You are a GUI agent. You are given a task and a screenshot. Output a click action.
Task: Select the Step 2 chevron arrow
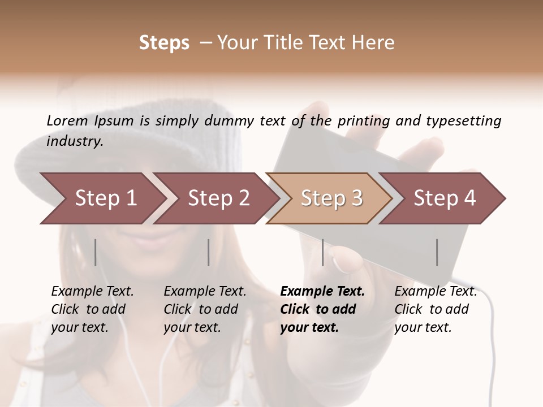click(218, 198)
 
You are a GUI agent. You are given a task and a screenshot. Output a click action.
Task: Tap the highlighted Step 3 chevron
click(331, 198)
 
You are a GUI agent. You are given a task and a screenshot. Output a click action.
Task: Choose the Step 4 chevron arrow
click(444, 198)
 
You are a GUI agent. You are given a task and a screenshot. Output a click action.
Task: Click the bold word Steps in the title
click(164, 43)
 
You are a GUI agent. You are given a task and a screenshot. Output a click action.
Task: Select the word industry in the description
click(74, 141)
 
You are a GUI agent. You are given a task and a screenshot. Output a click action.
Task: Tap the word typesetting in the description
click(463, 120)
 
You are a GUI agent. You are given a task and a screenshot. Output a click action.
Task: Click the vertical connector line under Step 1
click(96, 252)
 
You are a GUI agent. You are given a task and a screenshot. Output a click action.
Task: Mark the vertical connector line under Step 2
click(209, 252)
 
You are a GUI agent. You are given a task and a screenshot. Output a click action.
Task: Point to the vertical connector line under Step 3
click(322, 252)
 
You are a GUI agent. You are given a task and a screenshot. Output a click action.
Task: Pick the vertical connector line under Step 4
click(437, 252)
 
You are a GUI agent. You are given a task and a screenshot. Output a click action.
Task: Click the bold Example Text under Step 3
click(322, 291)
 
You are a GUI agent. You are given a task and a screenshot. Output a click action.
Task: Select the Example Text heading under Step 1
click(92, 291)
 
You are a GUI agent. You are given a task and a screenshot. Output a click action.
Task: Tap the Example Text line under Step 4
click(436, 291)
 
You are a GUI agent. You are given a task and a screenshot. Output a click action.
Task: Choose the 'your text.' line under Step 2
click(192, 327)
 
